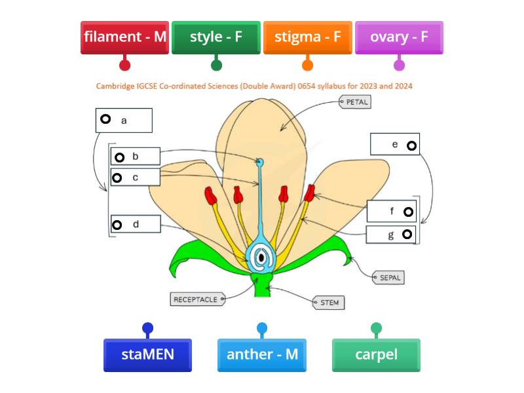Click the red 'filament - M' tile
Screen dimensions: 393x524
[125, 37]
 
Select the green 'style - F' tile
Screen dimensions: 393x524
[216, 37]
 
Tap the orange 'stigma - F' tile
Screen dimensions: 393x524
[307, 37]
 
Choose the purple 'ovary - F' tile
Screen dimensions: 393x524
[399, 37]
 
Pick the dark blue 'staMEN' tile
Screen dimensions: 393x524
[147, 354]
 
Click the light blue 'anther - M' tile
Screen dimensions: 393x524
[262, 354]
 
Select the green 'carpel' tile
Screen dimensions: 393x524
[376, 354]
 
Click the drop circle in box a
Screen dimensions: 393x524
[105, 119]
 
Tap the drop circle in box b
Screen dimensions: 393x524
[119, 157]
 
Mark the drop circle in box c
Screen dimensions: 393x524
[117, 178]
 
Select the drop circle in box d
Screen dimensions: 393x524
[117, 225]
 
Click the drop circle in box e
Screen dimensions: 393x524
[411, 145]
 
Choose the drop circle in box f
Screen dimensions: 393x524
[408, 212]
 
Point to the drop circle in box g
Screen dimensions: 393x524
[407, 234]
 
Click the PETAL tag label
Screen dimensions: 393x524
[356, 102]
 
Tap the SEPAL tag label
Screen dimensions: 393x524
[388, 278]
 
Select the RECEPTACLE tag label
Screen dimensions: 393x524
[195, 299]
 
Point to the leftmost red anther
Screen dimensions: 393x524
[210, 195]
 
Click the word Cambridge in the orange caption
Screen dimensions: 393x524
[117, 86]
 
